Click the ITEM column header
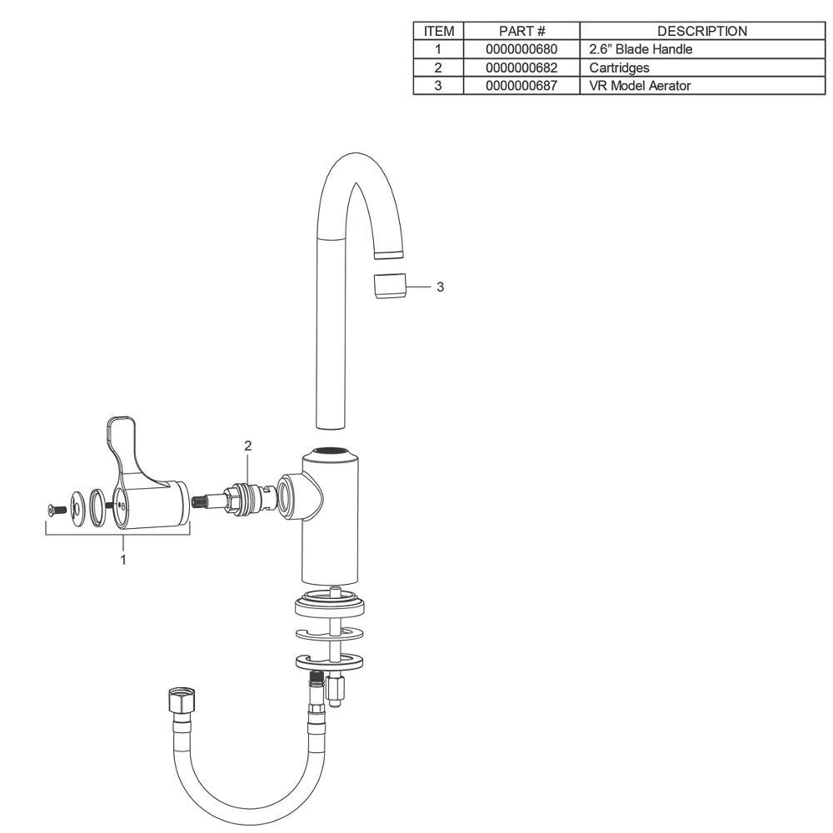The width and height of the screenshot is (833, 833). [438, 31]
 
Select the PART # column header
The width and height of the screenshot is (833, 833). [521, 31]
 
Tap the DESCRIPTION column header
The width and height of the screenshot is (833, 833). [701, 31]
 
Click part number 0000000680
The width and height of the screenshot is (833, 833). [521, 49]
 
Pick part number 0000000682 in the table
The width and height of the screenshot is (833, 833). [521, 67]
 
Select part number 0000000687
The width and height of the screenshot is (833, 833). [521, 85]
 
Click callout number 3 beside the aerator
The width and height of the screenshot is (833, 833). [441, 287]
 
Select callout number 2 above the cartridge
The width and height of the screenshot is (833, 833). [247, 446]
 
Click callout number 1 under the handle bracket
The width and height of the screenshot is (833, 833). [123, 560]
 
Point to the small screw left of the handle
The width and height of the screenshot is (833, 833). [55, 508]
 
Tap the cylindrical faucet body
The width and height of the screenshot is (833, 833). [332, 516]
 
